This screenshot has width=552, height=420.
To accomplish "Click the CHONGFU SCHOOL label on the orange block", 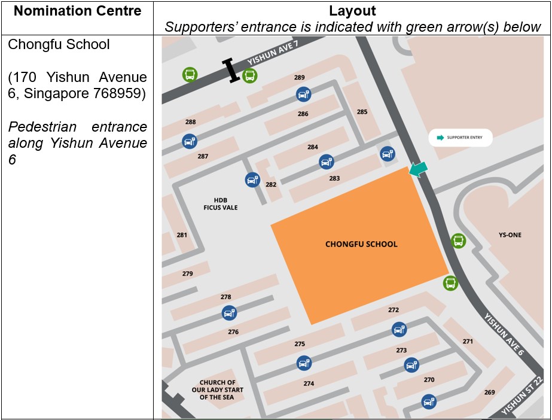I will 361,244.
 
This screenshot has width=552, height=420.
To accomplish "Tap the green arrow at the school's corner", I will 419,170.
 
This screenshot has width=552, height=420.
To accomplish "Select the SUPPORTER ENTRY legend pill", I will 460,138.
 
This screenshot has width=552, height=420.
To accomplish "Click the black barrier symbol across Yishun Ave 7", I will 230,71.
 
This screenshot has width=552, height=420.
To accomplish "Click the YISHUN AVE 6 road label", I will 504,334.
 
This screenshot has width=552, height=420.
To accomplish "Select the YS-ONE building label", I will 510,235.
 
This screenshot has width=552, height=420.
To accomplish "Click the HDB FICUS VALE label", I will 221,204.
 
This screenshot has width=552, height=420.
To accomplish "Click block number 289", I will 300,78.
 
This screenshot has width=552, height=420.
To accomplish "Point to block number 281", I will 182,235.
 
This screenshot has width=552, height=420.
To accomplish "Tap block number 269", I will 489,392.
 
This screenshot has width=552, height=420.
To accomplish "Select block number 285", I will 362,112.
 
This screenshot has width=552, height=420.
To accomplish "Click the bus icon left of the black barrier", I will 190,75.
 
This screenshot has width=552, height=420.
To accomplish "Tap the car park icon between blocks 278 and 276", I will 229,313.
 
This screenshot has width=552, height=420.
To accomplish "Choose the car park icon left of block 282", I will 252,179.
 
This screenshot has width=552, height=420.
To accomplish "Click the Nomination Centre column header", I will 77,11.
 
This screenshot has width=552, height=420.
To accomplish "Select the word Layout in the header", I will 352,11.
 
